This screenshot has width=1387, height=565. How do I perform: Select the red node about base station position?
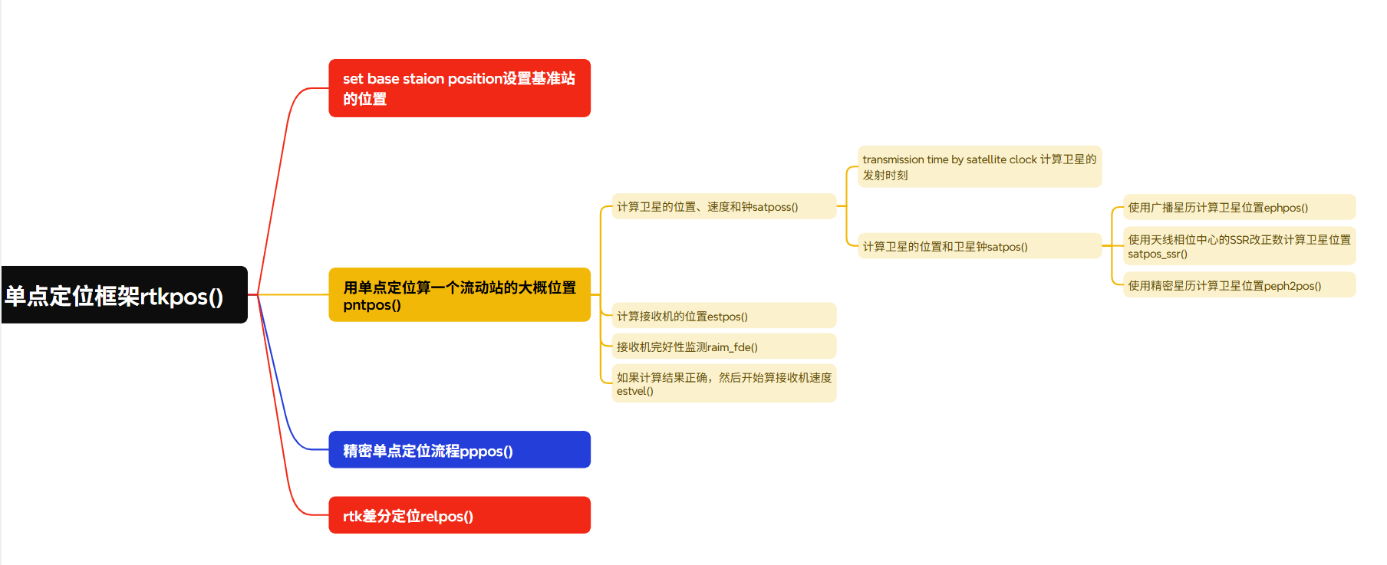(459, 88)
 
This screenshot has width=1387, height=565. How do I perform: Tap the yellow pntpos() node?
(459, 295)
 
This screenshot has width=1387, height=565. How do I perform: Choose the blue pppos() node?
(459, 450)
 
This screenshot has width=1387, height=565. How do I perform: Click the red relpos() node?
(459, 515)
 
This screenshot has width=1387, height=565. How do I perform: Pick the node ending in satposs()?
(723, 207)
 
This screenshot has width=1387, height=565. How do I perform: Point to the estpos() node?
(723, 316)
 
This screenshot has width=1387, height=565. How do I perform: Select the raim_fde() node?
(723, 347)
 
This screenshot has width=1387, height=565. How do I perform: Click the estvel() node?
(723, 383)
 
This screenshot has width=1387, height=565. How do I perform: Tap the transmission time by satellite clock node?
(979, 167)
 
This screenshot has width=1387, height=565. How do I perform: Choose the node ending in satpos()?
(979, 246)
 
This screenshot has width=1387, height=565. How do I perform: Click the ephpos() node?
(1238, 207)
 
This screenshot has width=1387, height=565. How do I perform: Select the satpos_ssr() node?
(1238, 246)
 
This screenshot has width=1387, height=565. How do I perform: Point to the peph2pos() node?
(1238, 285)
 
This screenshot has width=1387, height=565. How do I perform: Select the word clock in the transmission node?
(1023, 159)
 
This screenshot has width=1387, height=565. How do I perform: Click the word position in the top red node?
(475, 79)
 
